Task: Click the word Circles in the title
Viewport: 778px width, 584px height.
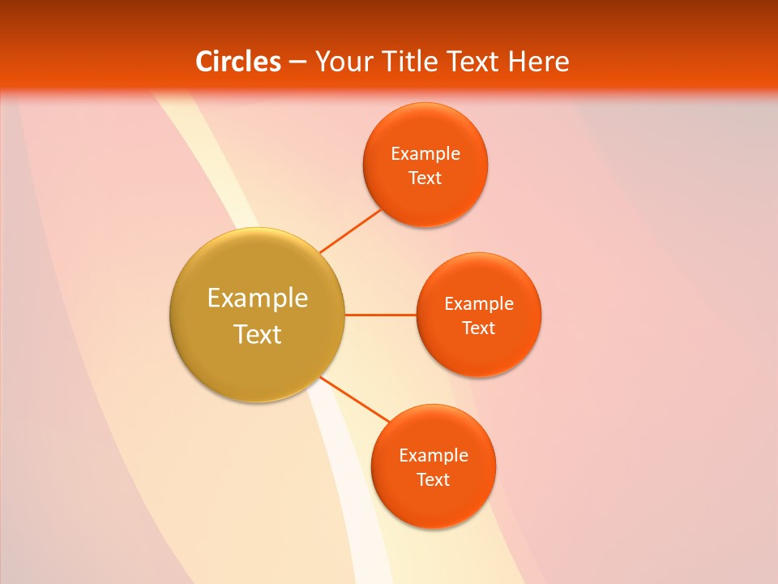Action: (238, 62)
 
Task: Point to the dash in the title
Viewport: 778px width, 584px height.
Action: (297, 62)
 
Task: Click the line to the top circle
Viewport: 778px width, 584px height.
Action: (351, 230)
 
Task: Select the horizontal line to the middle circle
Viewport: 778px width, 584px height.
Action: (380, 315)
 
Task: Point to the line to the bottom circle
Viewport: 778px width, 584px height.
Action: (355, 398)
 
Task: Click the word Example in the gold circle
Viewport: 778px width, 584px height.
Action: (258, 298)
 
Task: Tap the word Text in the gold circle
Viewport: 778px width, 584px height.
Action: (258, 333)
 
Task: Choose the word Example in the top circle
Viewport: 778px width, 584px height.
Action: (425, 154)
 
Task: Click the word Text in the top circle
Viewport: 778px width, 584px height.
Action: (425, 178)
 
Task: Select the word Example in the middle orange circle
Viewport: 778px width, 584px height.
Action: (479, 304)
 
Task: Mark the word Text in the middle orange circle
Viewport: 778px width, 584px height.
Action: (479, 328)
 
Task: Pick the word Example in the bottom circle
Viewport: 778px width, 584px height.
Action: (434, 456)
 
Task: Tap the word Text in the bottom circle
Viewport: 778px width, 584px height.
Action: (434, 479)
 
